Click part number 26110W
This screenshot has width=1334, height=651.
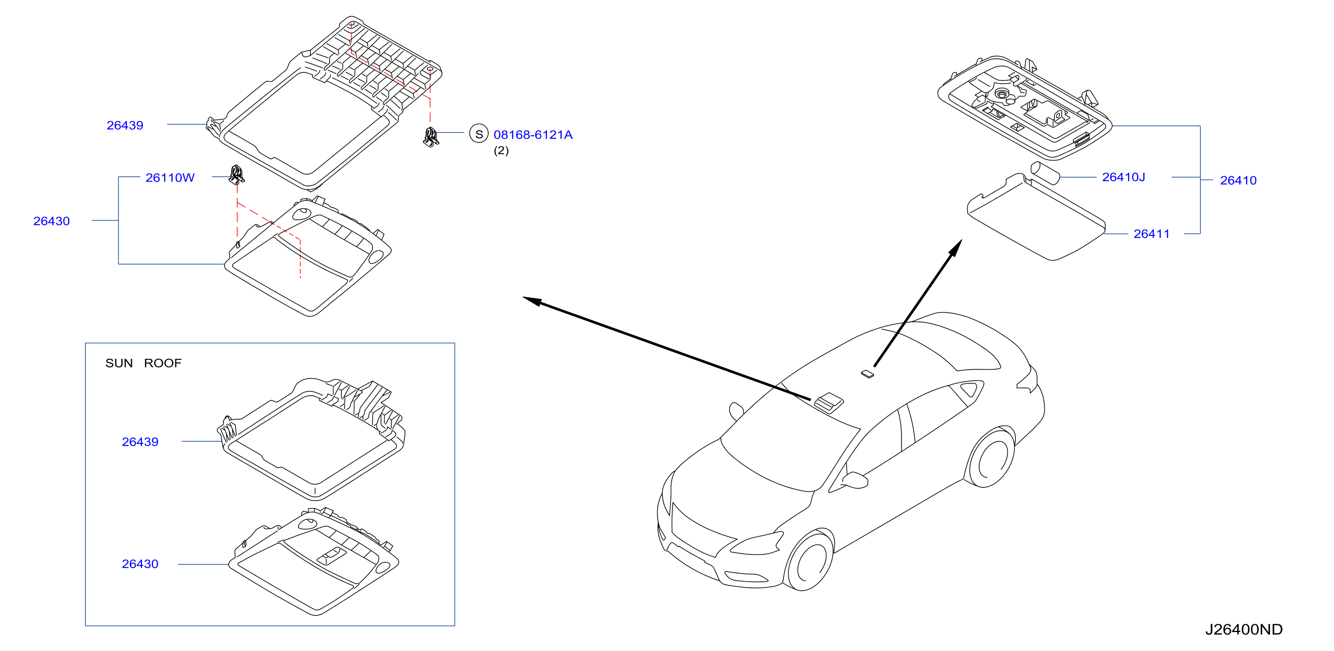[170, 178]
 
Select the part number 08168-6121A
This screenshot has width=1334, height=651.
[533, 135]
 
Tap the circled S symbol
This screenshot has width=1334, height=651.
[479, 134]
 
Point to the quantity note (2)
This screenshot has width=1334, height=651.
[501, 151]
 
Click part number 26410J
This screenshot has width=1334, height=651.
[1123, 177]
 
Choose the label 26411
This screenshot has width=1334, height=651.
[1152, 234]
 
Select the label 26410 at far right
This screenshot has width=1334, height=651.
[1238, 180]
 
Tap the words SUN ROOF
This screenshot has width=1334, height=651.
[143, 363]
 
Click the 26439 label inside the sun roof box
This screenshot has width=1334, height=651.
[140, 442]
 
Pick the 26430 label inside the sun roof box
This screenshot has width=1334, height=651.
[140, 564]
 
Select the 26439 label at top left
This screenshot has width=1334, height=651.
[125, 125]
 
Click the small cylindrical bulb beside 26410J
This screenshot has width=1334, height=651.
[1045, 172]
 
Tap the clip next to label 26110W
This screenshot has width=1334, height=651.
[237, 175]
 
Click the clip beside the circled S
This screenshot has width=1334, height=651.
[431, 137]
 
